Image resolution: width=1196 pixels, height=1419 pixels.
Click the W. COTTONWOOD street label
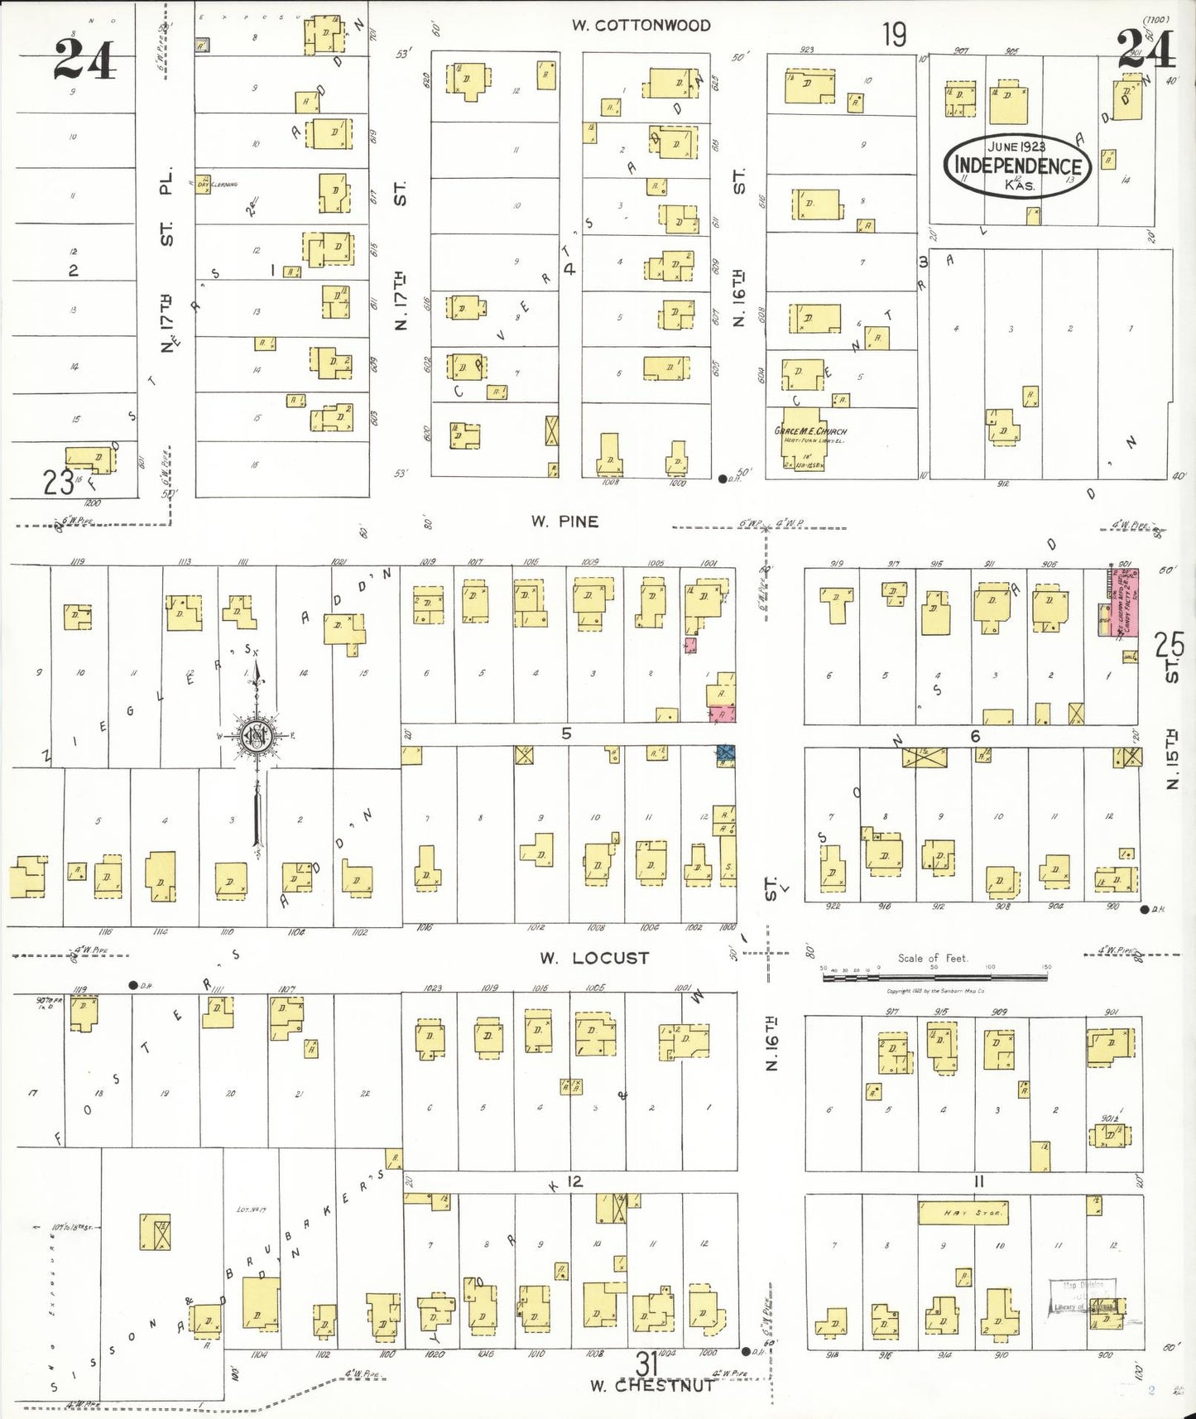click(x=641, y=26)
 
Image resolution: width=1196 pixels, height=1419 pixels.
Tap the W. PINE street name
click(x=564, y=522)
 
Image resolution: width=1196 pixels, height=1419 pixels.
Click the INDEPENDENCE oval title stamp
click(x=1017, y=166)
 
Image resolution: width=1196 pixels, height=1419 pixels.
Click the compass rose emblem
click(x=256, y=735)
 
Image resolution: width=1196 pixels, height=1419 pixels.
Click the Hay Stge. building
click(x=963, y=1213)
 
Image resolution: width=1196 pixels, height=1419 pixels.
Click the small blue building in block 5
click(x=726, y=753)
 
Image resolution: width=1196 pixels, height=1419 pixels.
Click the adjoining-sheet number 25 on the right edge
click(x=1170, y=643)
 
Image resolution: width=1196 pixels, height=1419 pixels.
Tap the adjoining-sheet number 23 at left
click(x=58, y=481)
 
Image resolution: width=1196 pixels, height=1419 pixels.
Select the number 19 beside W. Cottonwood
click(x=894, y=35)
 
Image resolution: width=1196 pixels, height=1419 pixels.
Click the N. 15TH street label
click(x=1172, y=759)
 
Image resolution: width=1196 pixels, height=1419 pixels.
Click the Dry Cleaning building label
click(x=219, y=184)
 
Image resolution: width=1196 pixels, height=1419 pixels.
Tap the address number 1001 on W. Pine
click(x=708, y=563)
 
